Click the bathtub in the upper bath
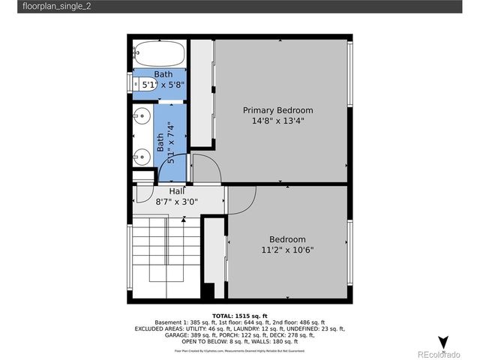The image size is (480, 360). coord(159,54)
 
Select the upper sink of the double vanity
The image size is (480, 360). coord(141,117)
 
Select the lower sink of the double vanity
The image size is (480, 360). coord(141,157)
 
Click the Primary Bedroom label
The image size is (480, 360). coord(277,110)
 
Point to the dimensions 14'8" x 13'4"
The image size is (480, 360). coord(277,121)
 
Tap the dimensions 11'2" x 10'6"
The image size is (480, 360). coord(286,250)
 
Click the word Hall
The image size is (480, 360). coord(166,191)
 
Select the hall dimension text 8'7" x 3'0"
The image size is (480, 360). coord(176,202)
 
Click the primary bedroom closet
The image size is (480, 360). coord(201,94)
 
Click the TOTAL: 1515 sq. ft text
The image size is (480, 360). coord(240,316)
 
